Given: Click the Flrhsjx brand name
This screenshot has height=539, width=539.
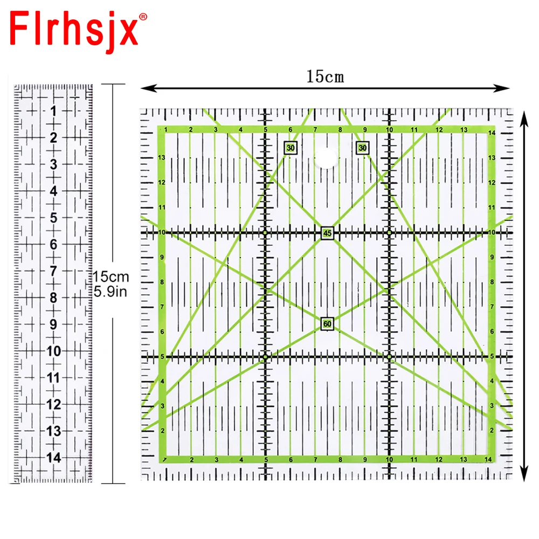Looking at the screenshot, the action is (x=74, y=31).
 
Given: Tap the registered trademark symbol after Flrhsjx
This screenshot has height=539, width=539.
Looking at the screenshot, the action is (x=143, y=17).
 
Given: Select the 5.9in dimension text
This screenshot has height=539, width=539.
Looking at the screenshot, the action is (x=110, y=292).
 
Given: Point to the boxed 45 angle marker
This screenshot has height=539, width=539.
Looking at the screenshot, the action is (x=327, y=233).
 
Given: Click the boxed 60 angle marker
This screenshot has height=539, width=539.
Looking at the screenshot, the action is (x=327, y=324).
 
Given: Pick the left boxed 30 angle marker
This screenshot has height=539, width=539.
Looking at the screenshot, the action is (x=291, y=148).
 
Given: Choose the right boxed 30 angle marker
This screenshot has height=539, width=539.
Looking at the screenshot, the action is (x=362, y=148).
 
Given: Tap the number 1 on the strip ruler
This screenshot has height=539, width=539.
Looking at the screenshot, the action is (x=53, y=111).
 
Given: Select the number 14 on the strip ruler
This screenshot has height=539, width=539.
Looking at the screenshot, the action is (x=53, y=457).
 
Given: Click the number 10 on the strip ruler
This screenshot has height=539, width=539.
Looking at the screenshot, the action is (x=53, y=351).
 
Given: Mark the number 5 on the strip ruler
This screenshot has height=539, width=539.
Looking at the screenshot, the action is (x=53, y=218).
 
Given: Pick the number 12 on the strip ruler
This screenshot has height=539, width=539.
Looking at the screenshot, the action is (x=53, y=404).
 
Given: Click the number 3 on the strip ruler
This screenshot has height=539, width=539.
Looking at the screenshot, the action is (x=53, y=164).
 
